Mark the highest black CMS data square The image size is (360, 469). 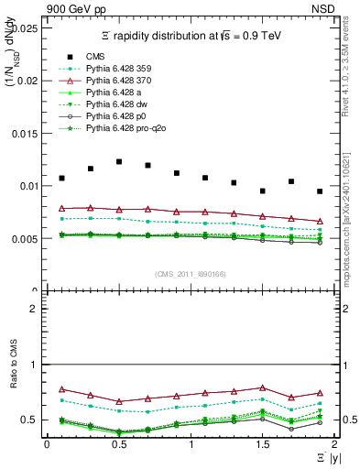[119, 161]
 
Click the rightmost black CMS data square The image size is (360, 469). [320, 191]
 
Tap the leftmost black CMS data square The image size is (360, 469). [62, 178]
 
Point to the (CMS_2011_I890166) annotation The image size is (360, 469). [191, 275]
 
